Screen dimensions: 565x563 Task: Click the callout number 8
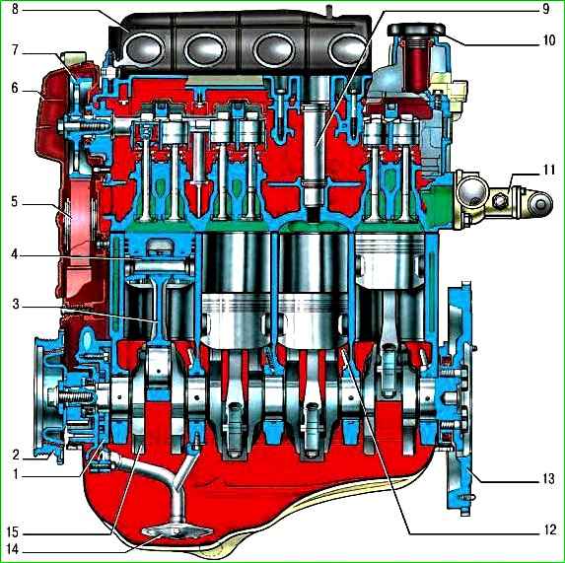point(15,9)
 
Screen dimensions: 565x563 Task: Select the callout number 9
point(545,9)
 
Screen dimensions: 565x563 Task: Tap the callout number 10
point(549,40)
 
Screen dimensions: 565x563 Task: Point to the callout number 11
point(548,170)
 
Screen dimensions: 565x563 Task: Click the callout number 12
point(550,529)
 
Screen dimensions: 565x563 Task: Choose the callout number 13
point(548,479)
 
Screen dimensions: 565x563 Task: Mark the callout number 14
point(13,549)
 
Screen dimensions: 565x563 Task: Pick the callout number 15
point(13,532)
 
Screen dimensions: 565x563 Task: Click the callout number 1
point(15,474)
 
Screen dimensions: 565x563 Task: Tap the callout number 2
point(15,455)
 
